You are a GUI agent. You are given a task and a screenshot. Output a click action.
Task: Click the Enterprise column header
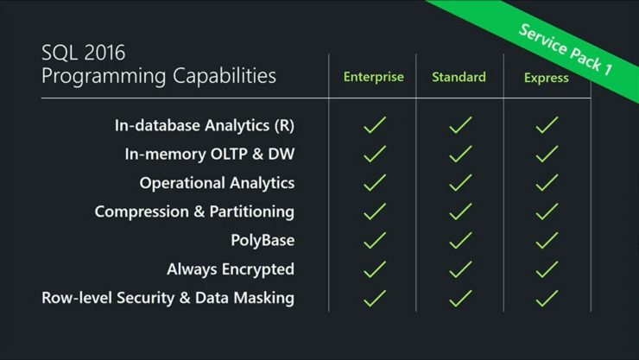point(373,78)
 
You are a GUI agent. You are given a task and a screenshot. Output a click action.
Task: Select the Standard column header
point(459,77)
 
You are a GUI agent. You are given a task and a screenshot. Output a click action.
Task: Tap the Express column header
point(546,78)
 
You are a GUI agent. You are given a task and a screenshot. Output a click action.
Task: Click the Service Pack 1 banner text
point(566,49)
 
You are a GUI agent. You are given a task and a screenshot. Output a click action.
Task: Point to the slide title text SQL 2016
point(84,53)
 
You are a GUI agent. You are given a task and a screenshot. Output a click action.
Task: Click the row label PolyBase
point(263,240)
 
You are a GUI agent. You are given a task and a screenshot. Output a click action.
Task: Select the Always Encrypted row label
point(231,269)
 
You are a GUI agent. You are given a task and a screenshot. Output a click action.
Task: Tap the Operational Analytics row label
point(217,183)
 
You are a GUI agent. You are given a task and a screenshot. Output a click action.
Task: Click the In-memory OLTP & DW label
point(210,154)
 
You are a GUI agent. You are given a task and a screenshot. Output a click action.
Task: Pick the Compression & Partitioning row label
point(194,212)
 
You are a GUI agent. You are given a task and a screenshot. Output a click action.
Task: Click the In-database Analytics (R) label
point(204,125)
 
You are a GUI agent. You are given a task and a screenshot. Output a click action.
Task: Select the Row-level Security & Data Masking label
point(168,298)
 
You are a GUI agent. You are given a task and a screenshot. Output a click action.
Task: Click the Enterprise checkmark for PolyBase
point(375,240)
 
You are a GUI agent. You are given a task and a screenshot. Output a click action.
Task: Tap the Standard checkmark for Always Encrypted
point(460,269)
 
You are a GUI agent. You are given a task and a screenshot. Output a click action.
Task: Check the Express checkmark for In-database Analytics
point(547,125)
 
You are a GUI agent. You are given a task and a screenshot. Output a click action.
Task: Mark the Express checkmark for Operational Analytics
point(547,183)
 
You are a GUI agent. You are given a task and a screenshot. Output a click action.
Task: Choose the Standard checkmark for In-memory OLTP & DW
point(460,154)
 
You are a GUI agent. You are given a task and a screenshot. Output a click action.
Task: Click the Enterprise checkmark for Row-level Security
point(375,298)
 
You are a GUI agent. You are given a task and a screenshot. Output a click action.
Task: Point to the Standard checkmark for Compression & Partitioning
point(460,212)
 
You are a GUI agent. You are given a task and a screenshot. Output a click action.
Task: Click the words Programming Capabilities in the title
point(159,76)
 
